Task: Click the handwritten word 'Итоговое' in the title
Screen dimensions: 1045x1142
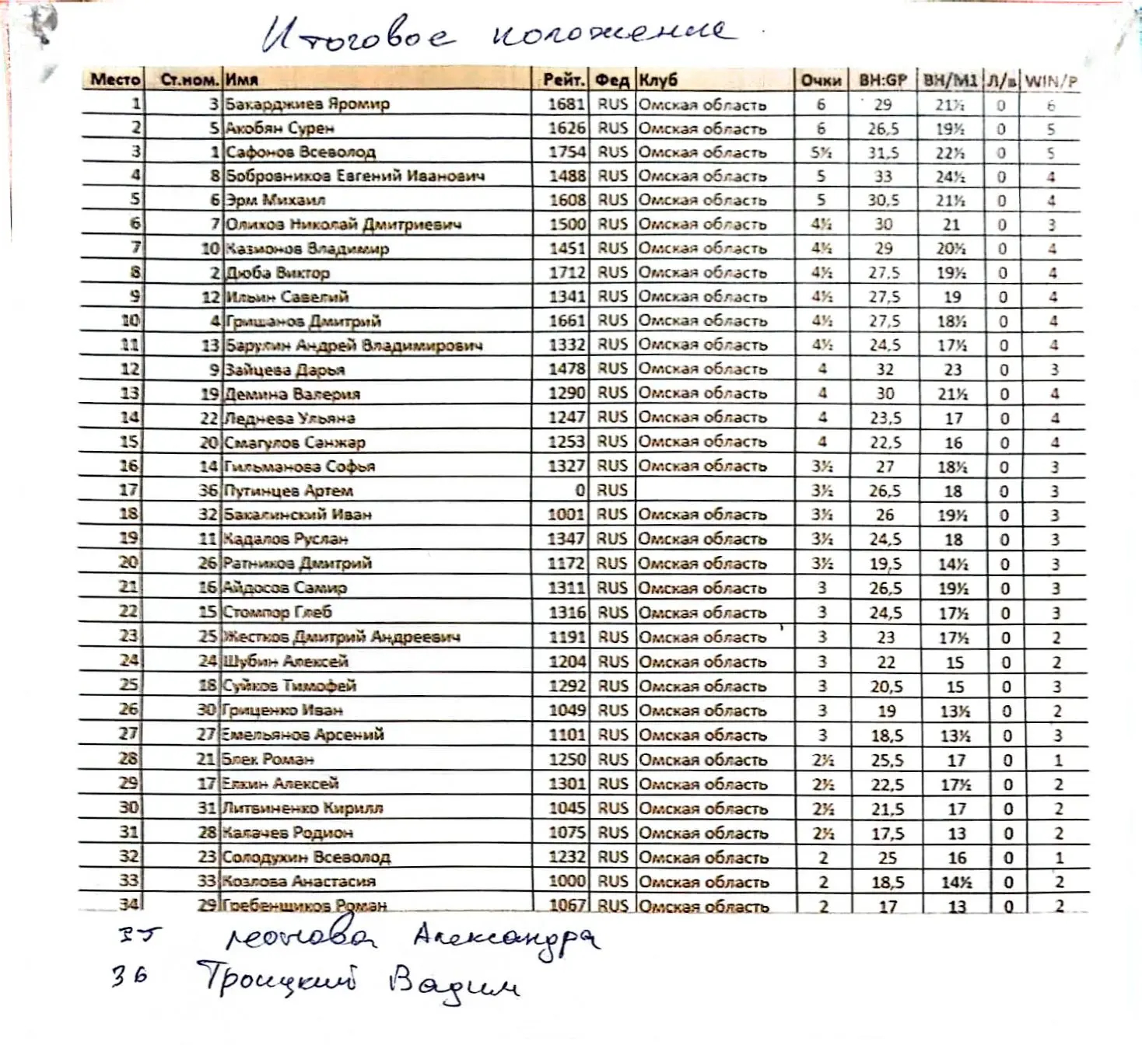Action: click(x=356, y=36)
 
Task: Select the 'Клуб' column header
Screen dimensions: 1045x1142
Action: click(x=658, y=79)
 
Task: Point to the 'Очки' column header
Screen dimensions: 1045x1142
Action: click(x=821, y=80)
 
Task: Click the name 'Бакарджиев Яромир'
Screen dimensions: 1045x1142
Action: click(x=307, y=103)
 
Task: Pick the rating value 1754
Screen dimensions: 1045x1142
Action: click(x=567, y=152)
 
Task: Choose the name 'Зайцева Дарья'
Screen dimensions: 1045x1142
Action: click(x=285, y=369)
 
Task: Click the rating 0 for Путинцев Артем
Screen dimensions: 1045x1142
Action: click(x=580, y=491)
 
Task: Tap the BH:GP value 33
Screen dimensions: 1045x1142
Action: click(x=883, y=176)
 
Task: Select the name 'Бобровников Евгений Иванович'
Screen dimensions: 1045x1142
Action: click(x=355, y=176)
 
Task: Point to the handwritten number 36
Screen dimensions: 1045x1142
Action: click(x=128, y=976)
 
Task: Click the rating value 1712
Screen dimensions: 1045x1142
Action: click(x=567, y=272)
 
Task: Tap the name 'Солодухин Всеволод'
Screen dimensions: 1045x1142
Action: click(x=307, y=857)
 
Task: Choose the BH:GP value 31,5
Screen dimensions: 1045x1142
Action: click(x=883, y=152)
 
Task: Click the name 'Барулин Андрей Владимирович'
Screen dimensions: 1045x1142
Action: click(x=353, y=345)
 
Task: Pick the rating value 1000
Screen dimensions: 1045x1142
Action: click(x=567, y=881)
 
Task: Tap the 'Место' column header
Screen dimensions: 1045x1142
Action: click(x=115, y=79)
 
